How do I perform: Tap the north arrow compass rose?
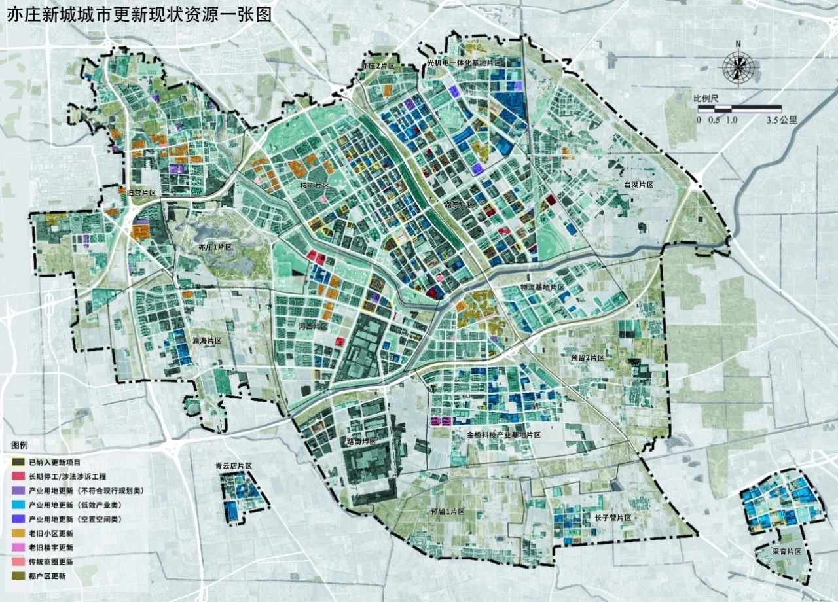click(x=738, y=67)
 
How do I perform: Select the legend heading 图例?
click(x=20, y=445)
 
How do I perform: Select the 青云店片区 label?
click(x=234, y=466)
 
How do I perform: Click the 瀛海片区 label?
click(x=207, y=341)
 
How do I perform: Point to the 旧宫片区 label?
click(x=141, y=193)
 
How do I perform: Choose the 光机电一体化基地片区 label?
click(x=464, y=63)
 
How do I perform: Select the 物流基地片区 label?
click(x=543, y=287)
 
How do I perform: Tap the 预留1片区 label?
click(x=448, y=512)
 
